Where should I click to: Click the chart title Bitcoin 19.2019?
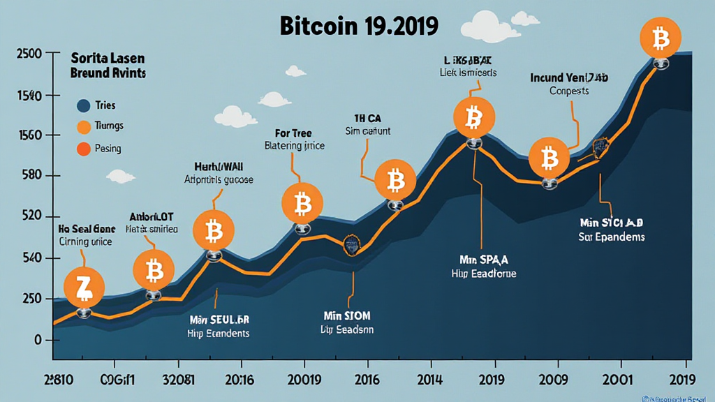click(359, 26)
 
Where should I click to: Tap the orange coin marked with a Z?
click(84, 287)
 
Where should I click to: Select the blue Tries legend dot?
click(83, 105)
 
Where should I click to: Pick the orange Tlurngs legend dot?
click(83, 126)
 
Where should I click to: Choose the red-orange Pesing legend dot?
click(83, 148)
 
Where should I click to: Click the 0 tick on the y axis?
click(28, 340)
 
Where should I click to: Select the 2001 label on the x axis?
click(617, 381)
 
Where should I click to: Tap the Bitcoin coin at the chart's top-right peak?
click(661, 39)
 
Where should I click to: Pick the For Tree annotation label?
click(294, 133)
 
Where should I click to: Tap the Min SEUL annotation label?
click(219, 320)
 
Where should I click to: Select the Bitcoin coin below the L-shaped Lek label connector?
click(473, 118)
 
